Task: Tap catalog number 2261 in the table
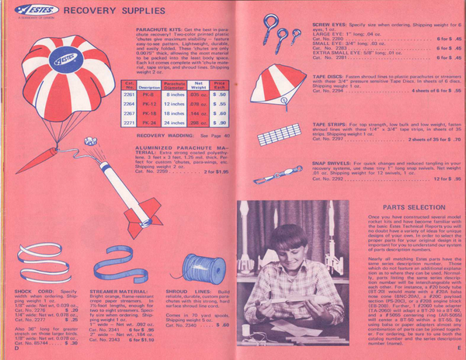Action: tap(130, 93)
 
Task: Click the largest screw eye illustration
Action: tap(270, 22)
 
